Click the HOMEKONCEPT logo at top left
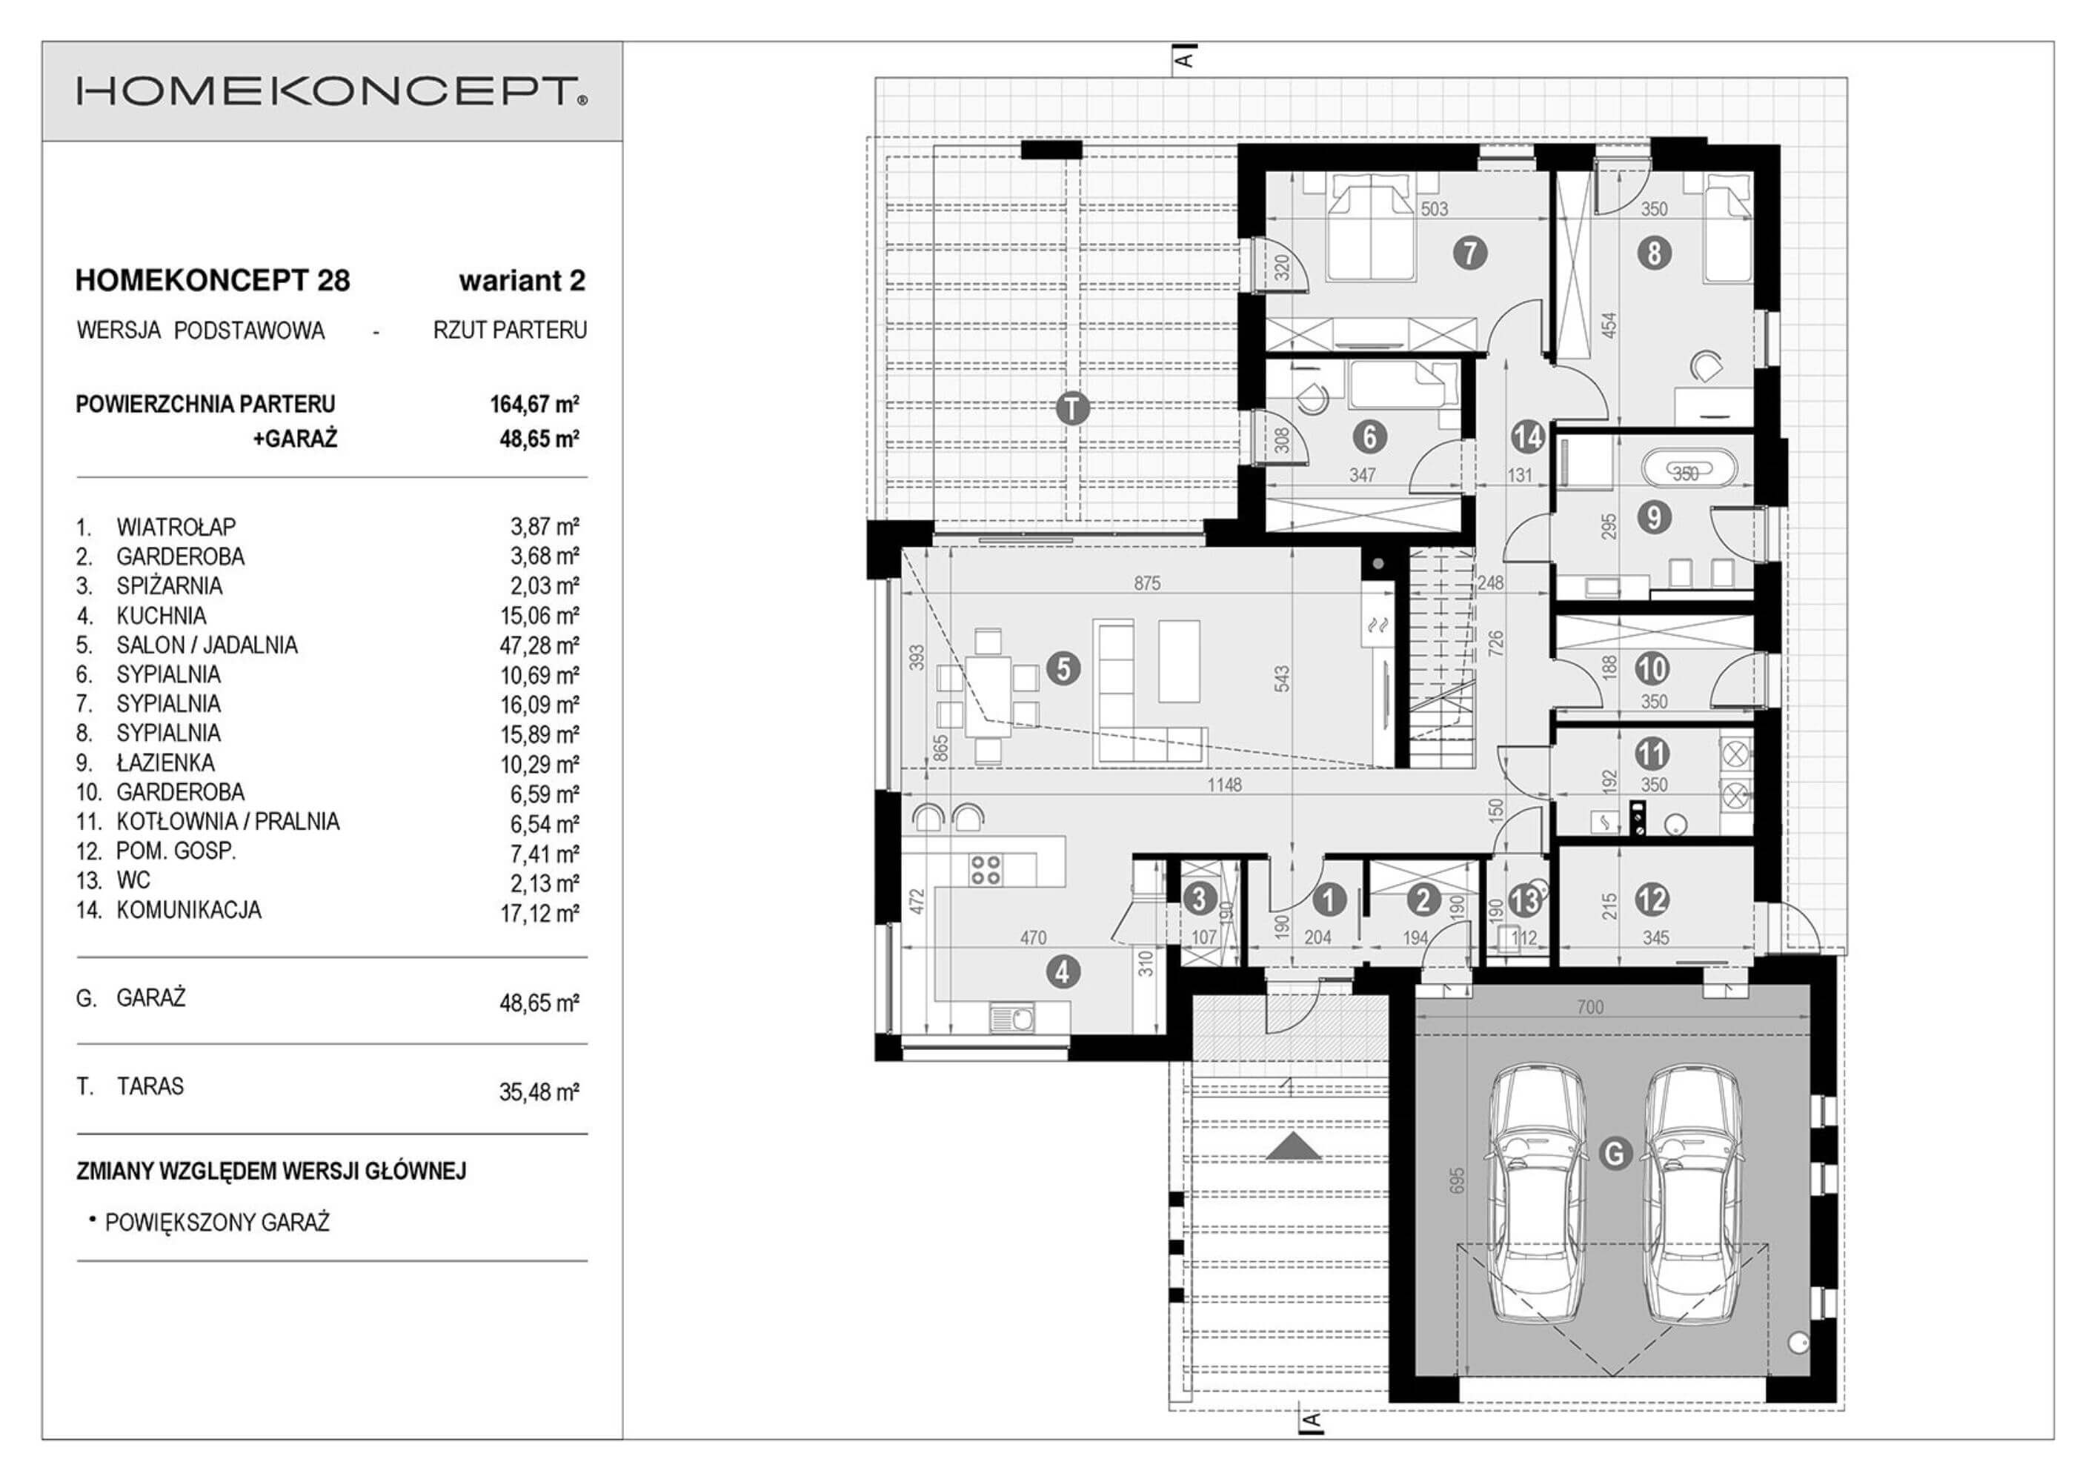331,91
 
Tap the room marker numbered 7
1469,252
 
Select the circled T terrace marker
1072,408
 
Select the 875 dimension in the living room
1146,583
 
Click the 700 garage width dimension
1590,1006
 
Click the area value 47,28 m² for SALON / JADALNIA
539,645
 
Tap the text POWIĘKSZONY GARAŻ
217,1223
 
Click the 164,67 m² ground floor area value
535,405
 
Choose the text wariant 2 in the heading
522,280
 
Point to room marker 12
1654,900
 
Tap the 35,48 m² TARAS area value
539,1092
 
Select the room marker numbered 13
1525,901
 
